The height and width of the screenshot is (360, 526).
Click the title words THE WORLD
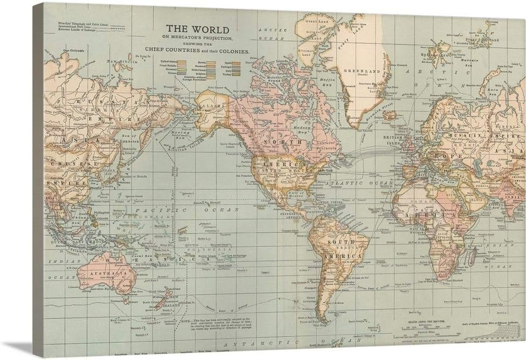pyautogui.click(x=197, y=29)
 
